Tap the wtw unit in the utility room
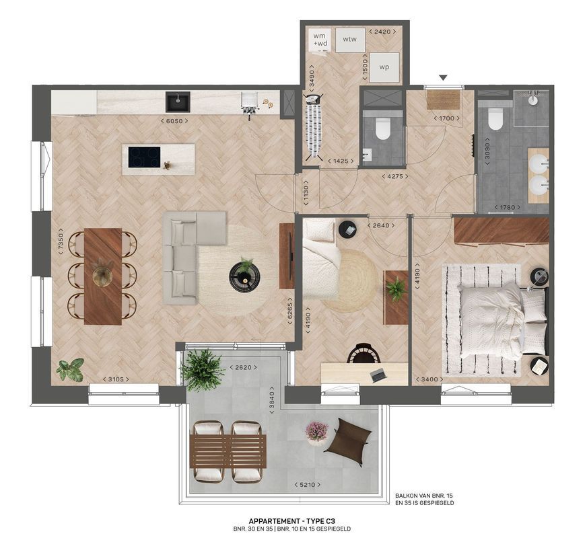pos(349,40)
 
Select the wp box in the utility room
pos(384,67)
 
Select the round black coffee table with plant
pos(244,274)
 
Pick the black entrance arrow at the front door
pos(443,79)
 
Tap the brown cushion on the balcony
pos(349,441)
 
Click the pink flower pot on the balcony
pos(316,432)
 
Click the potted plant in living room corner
pos(71,369)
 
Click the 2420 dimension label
pos(383,32)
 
